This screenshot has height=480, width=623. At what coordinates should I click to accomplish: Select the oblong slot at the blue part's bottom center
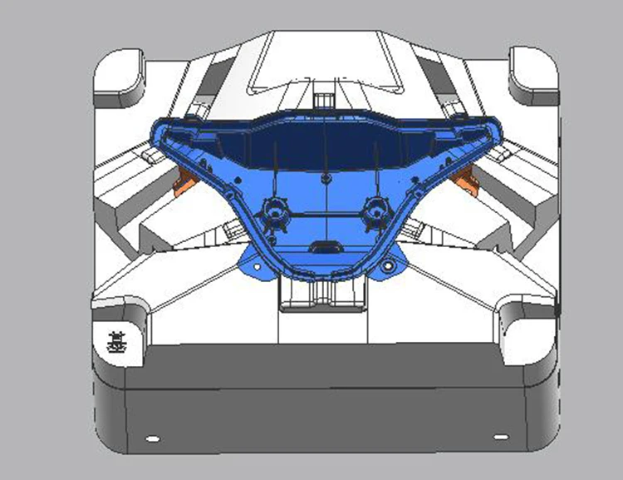[x=323, y=247]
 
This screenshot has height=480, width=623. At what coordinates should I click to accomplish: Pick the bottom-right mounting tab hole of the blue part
[x=387, y=268]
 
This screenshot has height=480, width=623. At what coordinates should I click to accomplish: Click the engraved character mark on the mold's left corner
[x=117, y=341]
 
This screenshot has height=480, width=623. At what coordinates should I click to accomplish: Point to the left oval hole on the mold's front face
[x=151, y=438]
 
